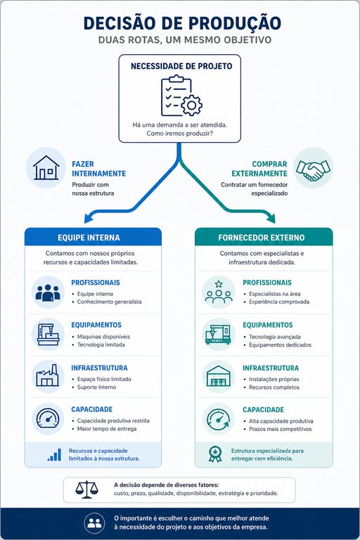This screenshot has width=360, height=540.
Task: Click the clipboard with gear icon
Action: click(181, 96)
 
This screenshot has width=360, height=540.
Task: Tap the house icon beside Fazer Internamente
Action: click(46, 168)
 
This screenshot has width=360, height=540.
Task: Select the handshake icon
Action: click(313, 169)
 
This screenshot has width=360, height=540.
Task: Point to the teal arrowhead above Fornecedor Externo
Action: click(271, 218)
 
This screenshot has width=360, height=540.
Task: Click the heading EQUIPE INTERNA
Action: click(89, 238)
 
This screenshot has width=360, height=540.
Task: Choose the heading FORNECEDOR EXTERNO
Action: click(261, 238)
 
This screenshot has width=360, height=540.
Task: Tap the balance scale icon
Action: click(86, 489)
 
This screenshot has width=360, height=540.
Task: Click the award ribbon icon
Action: click(215, 454)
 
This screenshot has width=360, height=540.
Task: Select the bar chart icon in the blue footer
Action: click(54, 455)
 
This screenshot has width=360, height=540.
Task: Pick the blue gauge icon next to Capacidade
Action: click(48, 419)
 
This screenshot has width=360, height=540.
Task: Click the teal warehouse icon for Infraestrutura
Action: click(219, 376)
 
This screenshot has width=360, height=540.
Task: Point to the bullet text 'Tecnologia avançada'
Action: click(274, 337)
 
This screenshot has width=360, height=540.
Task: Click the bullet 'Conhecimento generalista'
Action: click(109, 302)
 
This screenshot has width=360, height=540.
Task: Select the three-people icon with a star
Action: click(219, 292)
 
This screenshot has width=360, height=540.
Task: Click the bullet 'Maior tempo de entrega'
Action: click(107, 429)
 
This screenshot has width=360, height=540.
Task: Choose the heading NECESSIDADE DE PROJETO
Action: click(181, 66)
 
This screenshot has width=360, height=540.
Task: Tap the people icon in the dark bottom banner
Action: click(94, 523)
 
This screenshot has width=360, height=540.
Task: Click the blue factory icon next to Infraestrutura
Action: click(48, 375)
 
